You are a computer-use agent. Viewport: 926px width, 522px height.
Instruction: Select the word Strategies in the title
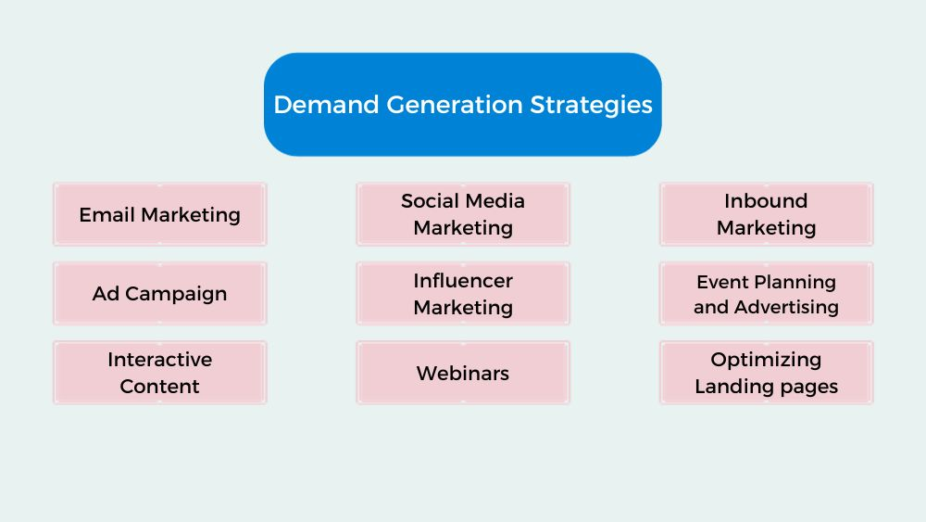coord(591,105)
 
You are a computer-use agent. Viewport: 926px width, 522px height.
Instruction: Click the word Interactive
coord(159,360)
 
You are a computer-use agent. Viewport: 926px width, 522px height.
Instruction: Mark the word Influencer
coord(463,281)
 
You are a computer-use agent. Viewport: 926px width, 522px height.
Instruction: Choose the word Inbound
coord(766,201)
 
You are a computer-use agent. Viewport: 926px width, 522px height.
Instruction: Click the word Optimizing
coord(766,360)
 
